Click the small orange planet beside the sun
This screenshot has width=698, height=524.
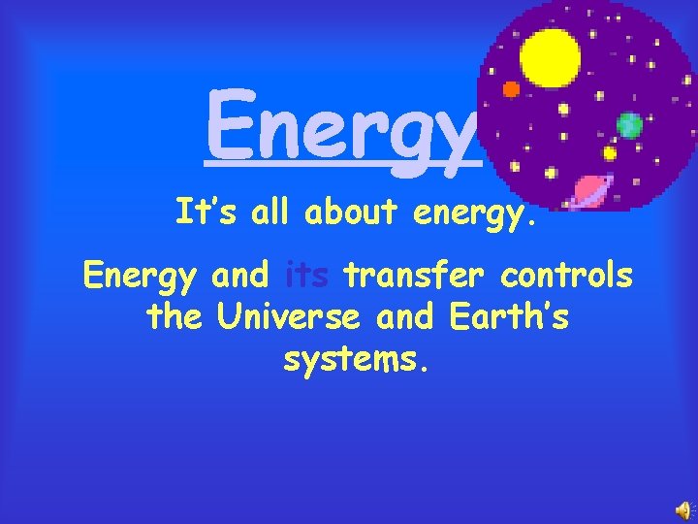click(x=511, y=88)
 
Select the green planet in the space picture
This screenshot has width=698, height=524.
click(x=629, y=124)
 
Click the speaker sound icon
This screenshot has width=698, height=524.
click(x=683, y=510)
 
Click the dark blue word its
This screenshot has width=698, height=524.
click(x=309, y=277)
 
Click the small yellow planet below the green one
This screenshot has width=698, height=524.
click(x=610, y=153)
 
